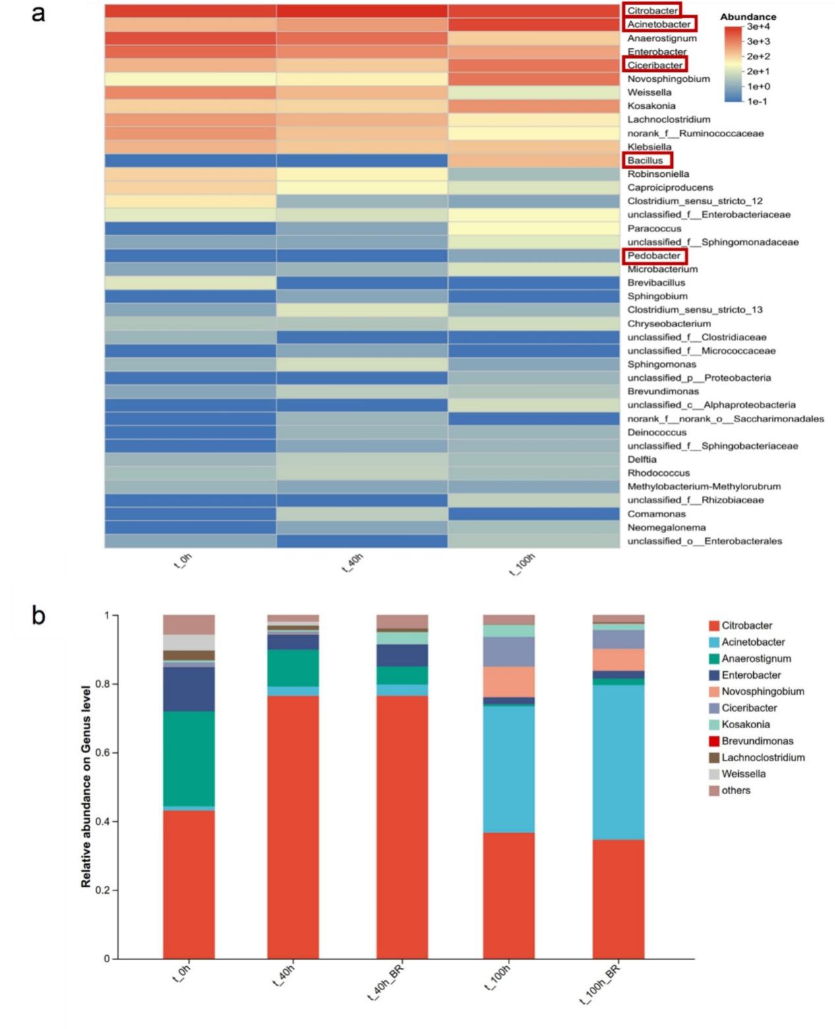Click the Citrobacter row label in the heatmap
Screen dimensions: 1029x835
(652, 11)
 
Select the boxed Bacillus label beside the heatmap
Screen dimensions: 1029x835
(645, 160)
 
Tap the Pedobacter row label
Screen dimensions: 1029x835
(654, 255)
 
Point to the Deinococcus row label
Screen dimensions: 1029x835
(656, 432)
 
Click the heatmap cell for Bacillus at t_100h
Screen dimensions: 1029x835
(533, 160)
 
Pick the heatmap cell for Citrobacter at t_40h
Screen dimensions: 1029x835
(362, 11)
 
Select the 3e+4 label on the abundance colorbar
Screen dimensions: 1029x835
(759, 26)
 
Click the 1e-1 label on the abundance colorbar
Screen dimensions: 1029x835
(757, 102)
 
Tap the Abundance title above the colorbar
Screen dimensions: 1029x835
(748, 16)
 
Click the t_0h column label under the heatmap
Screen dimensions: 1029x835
(183, 563)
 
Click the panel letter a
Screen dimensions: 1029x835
(38, 13)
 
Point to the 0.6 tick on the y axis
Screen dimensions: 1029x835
(101, 753)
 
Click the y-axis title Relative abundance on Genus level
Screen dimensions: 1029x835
(86, 786)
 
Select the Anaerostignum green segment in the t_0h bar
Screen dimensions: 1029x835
(188, 759)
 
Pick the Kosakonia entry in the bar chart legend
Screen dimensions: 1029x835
(745, 724)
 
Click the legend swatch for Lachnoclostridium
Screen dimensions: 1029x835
(714, 758)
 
